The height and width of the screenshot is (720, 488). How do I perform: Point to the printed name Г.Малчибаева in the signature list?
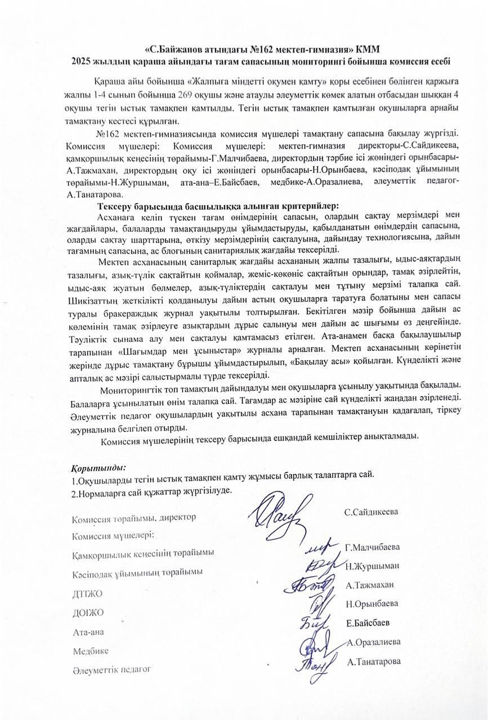[x=372, y=547]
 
